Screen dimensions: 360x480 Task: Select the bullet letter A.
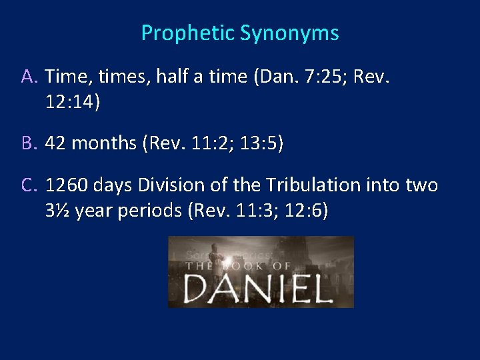coord(29,77)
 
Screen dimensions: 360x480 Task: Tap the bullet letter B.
coord(29,144)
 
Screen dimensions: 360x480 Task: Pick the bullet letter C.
coord(29,185)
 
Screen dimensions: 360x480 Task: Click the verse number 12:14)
coord(73,102)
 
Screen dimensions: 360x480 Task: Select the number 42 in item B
coord(57,144)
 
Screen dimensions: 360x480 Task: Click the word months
coord(101,144)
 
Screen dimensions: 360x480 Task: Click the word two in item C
coord(422,185)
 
